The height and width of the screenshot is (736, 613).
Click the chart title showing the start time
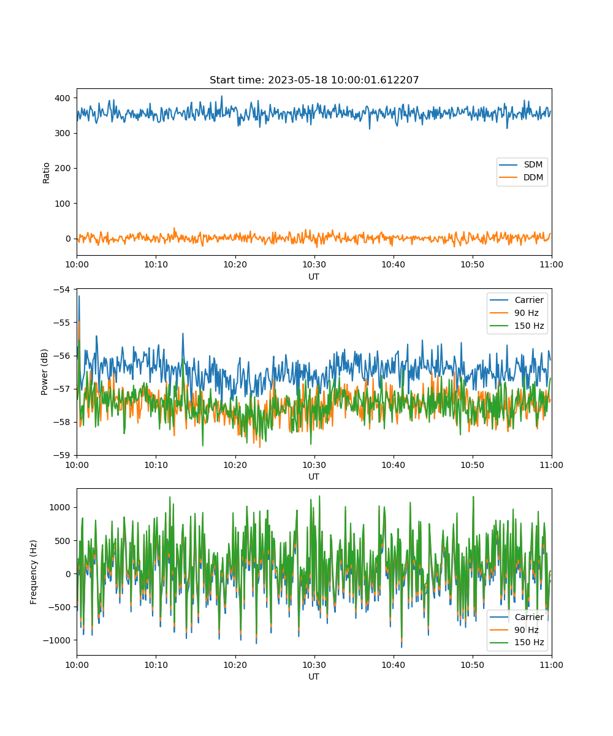(314, 80)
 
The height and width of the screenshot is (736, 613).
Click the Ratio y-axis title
(46, 173)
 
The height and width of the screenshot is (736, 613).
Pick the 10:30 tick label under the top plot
(314, 264)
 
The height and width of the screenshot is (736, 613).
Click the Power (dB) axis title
(44, 372)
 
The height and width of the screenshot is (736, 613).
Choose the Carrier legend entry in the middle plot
(517, 300)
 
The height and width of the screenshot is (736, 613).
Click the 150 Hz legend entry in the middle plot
(517, 326)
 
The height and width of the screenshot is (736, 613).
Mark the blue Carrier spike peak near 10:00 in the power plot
(79, 296)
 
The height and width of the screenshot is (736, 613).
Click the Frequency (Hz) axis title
(33, 572)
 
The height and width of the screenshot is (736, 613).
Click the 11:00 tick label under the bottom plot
(551, 665)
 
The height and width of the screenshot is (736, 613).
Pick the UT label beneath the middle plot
(313, 477)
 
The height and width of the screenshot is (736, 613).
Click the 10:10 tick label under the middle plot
(156, 465)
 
